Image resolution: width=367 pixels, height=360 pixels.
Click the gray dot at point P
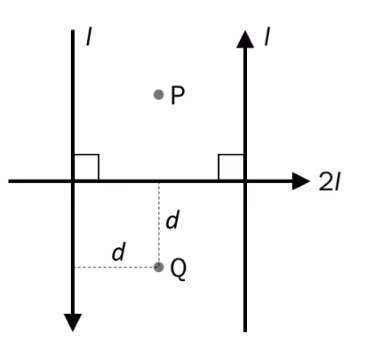pos(159,94)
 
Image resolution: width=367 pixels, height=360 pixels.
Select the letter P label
pos(178,95)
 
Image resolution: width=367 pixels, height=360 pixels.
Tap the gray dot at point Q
pos(159,267)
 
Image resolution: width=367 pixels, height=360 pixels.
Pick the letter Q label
pos(179,269)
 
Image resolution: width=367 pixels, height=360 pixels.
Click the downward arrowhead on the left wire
pos(73,322)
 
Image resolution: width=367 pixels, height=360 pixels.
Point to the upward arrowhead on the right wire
pos(245,39)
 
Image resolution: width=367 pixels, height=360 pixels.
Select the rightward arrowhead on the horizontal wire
pos(301,181)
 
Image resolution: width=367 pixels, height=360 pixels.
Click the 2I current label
pos(329,182)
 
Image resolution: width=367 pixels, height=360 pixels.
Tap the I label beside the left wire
pos(89,36)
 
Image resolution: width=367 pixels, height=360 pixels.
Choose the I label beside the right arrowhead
pos(267,36)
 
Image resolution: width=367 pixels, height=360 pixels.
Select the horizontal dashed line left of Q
pos(114,267)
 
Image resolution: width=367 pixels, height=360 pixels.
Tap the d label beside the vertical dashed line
pos(172,219)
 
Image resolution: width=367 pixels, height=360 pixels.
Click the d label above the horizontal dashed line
pos(118,251)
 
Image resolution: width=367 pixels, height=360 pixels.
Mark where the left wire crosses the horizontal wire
pos(72,181)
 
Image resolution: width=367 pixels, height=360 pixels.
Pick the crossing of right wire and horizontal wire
pos(245,181)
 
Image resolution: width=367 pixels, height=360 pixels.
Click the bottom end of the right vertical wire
pos(245,332)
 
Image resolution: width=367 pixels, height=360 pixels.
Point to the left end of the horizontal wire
pos(9,181)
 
